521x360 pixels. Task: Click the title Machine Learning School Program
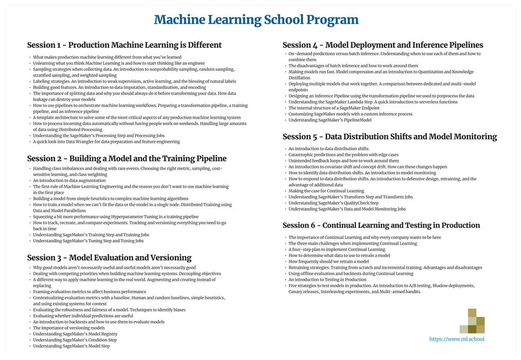pyautogui.click(x=256, y=20)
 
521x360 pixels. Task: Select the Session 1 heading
pyautogui.click(x=124, y=45)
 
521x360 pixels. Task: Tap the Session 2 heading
pyautogui.click(x=127, y=158)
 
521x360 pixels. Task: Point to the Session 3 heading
pyautogui.click(x=109, y=258)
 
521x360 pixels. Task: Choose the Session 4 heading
pyautogui.click(x=383, y=45)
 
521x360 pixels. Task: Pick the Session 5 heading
pyautogui.click(x=389, y=137)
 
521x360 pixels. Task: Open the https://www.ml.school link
pyautogui.click(x=456, y=339)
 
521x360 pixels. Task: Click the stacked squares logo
pyautogui.click(x=472, y=321)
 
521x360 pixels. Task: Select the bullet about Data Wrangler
pyautogui.click(x=107, y=141)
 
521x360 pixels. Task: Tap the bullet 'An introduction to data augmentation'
pyautogui.click(x=69, y=181)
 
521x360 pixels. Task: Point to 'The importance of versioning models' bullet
pyautogui.click(x=69, y=328)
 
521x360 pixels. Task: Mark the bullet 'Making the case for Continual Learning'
pyautogui.click(x=326, y=191)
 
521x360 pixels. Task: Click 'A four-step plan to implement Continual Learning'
pyautogui.click(x=337, y=249)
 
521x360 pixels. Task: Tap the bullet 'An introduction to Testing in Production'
pyautogui.click(x=327, y=280)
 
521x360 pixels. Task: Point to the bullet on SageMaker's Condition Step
pyautogui.click(x=75, y=340)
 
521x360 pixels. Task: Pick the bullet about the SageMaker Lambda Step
pyautogui.click(x=373, y=102)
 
